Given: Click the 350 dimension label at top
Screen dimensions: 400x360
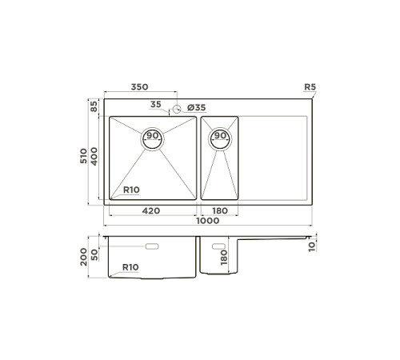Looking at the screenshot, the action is (x=139, y=87).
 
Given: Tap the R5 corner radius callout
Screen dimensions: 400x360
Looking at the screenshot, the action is (x=310, y=87).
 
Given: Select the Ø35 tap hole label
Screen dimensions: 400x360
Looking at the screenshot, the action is (x=197, y=108).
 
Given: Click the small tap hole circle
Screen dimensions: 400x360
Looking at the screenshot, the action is (x=177, y=109).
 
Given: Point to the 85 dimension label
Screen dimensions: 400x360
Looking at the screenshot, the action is (x=94, y=106).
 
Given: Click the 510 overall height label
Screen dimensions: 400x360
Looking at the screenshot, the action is (x=83, y=156).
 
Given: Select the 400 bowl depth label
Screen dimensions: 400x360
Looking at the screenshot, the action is (x=94, y=157).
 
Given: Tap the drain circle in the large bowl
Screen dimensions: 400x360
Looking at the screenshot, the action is (x=152, y=139).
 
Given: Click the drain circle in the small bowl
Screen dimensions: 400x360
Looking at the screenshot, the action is (x=220, y=139).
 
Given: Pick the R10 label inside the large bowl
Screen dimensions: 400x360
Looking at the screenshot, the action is (x=131, y=190).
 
